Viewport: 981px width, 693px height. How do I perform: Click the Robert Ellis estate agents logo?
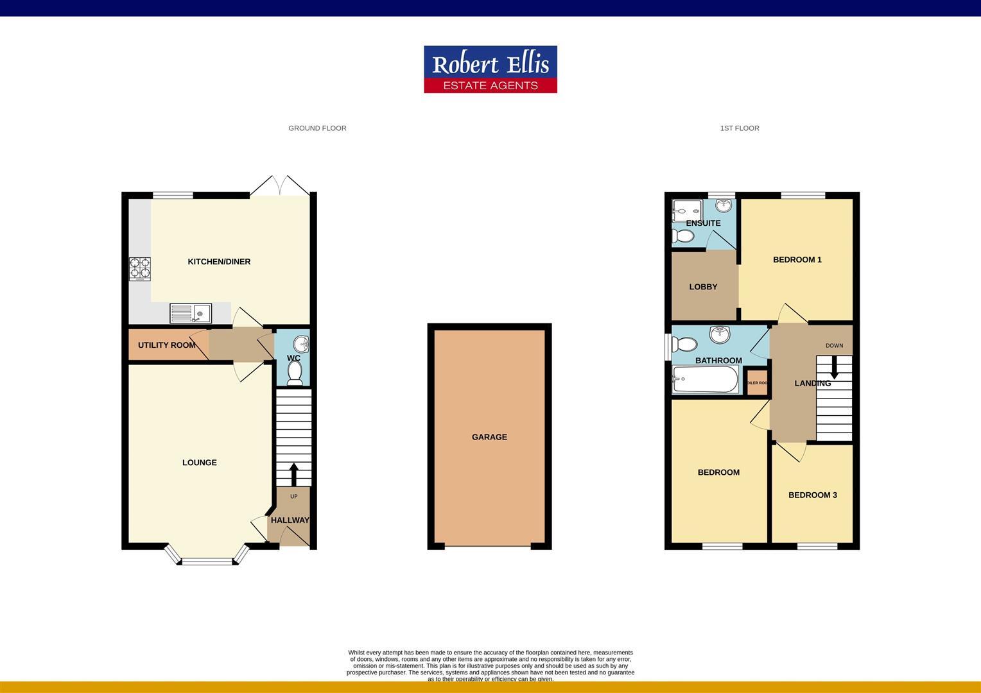tap(490, 69)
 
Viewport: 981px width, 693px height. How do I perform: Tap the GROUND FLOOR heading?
tap(317, 128)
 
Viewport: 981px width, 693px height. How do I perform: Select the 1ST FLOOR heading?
tap(739, 128)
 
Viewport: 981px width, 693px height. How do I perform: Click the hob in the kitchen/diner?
tap(141, 269)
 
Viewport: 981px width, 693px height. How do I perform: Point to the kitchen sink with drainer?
tap(191, 313)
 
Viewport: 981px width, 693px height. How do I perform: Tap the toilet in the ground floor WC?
tap(295, 373)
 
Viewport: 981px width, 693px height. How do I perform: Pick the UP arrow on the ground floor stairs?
tap(294, 474)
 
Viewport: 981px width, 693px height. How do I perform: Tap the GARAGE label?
tap(489, 437)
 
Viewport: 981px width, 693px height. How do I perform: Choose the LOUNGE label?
tap(199, 463)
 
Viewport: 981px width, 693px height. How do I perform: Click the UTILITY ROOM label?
tap(167, 345)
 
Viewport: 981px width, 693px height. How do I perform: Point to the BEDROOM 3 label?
tap(812, 495)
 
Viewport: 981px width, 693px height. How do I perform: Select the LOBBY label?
tap(703, 287)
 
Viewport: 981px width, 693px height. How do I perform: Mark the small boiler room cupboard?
tap(757, 382)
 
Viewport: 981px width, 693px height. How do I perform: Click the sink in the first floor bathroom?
tap(720, 334)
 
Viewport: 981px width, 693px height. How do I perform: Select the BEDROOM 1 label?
tap(797, 260)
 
